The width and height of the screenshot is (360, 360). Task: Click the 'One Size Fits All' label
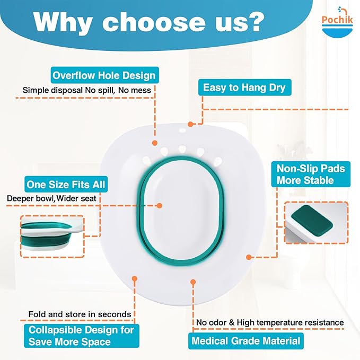pyautogui.click(x=66, y=185)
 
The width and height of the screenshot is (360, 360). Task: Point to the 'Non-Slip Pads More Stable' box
pyautogui.click(x=311, y=174)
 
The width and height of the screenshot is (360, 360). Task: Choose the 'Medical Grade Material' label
pyautogui.click(x=245, y=340)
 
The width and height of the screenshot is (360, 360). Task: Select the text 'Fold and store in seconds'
pyautogui.click(x=80, y=314)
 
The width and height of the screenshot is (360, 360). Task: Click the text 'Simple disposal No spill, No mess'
pyautogui.click(x=86, y=90)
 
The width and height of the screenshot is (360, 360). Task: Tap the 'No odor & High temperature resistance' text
pyautogui.click(x=270, y=322)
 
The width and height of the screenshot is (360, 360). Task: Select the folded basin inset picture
pyautogui.click(x=52, y=235)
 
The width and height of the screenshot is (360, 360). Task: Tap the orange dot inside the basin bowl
pyautogui.click(x=159, y=205)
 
